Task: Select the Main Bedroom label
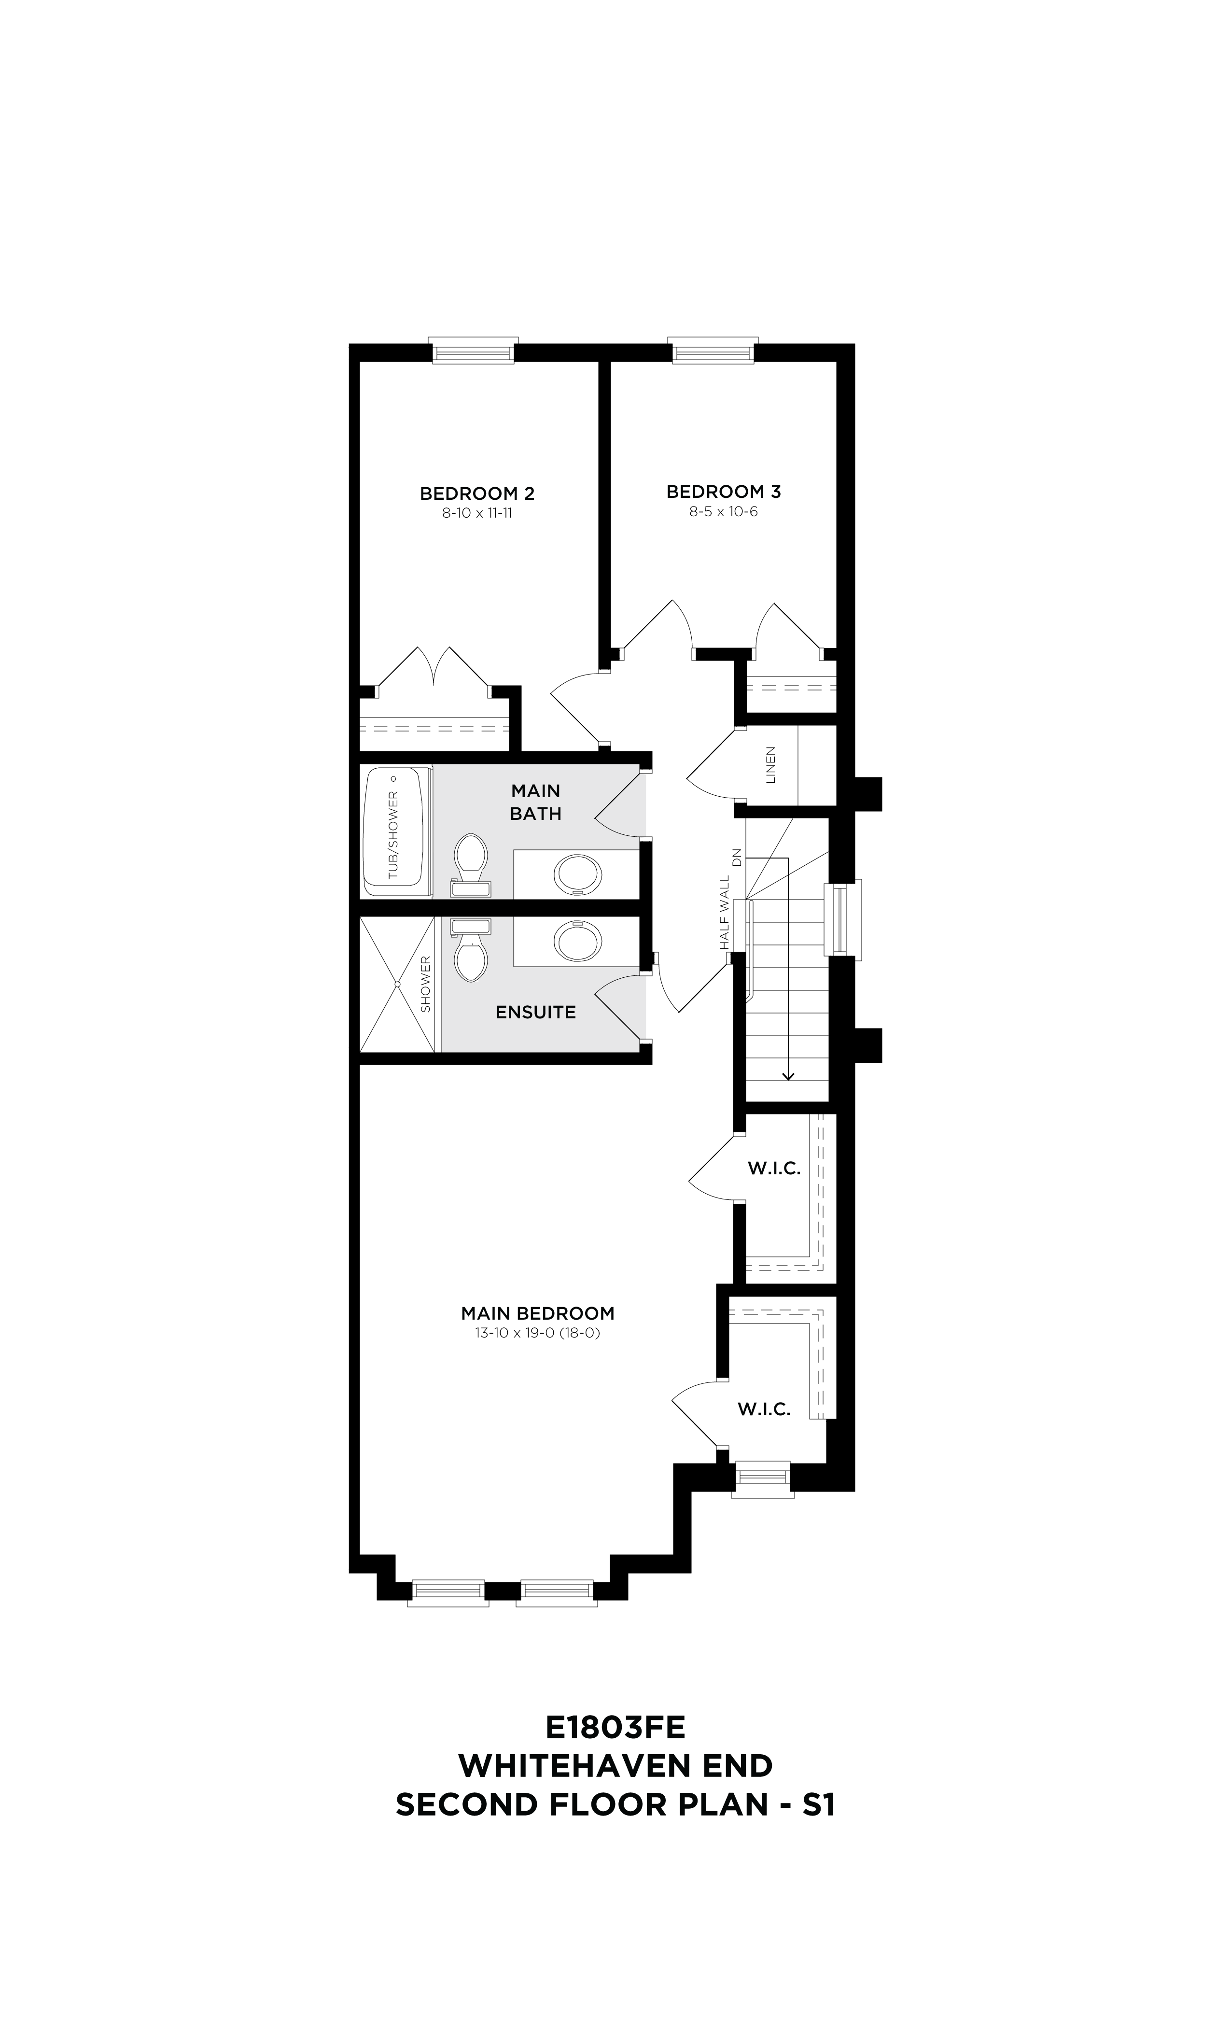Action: click(x=537, y=1313)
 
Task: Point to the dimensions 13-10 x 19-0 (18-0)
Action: click(x=537, y=1333)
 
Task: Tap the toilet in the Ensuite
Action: click(x=471, y=951)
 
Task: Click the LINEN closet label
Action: click(x=771, y=765)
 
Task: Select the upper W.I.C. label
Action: click(x=773, y=1169)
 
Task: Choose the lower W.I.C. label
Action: click(x=764, y=1409)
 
